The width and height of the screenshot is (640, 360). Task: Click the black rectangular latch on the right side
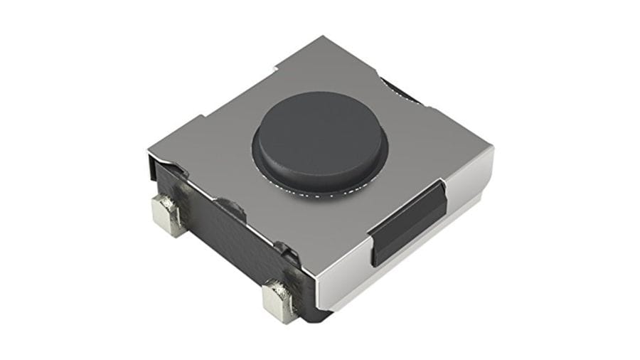pos(407,221)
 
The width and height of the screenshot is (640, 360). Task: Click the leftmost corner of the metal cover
pos(149,153)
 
